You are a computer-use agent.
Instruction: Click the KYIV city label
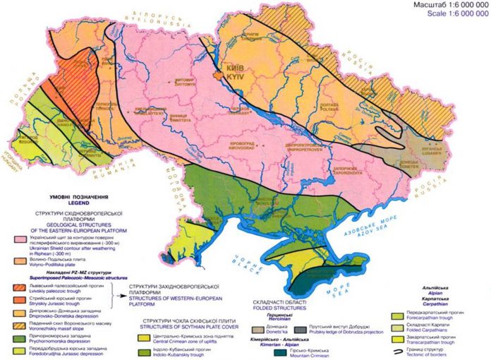point(237,73)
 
